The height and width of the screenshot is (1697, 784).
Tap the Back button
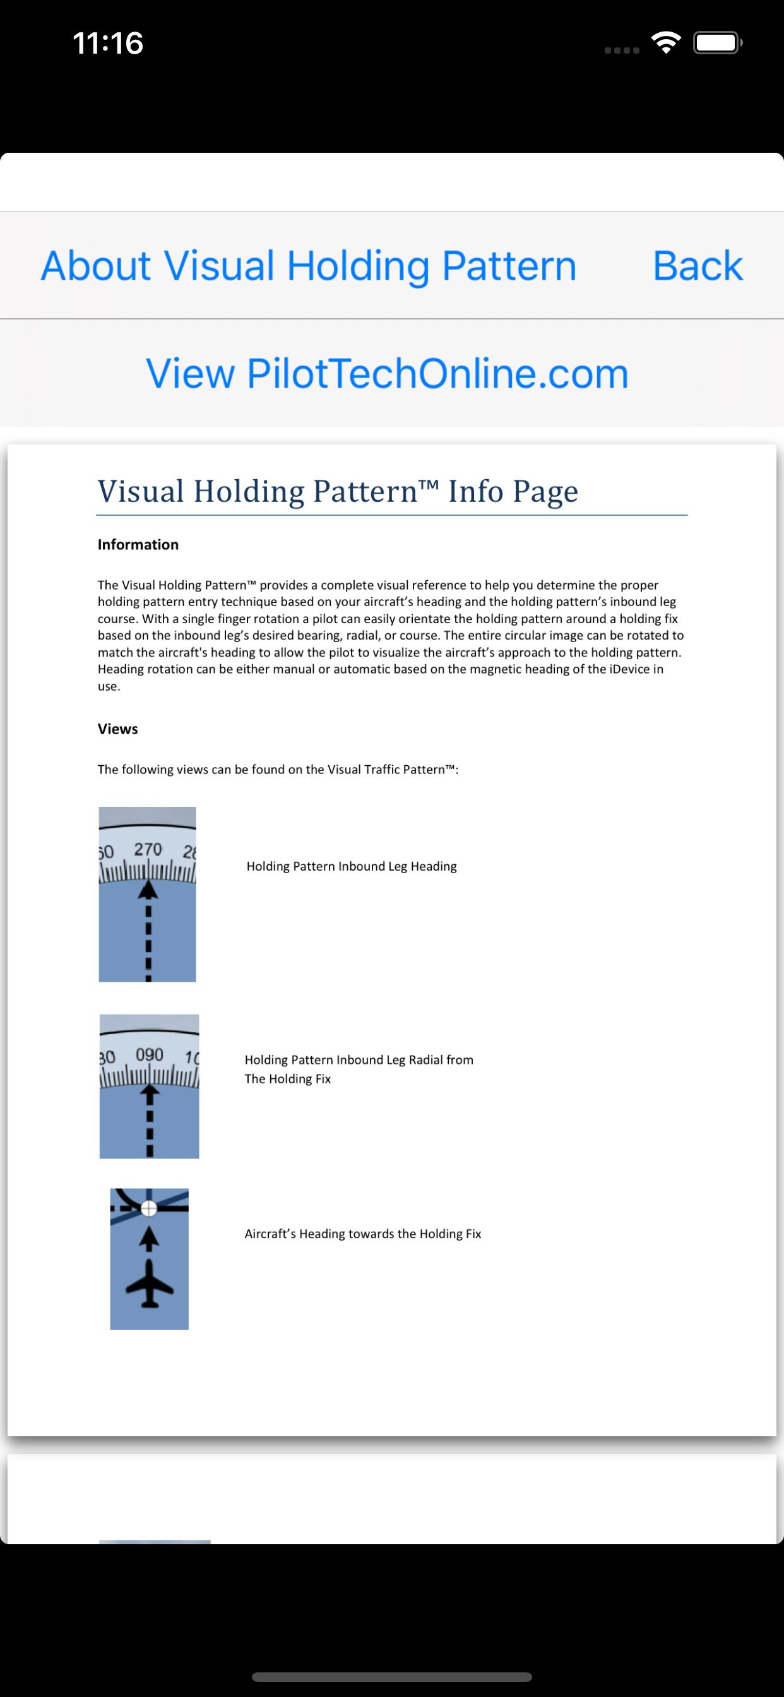697,266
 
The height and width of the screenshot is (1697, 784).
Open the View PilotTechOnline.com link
387,374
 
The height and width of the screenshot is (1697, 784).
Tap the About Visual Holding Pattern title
308,266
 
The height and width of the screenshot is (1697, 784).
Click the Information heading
138,544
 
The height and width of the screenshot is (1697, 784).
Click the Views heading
117,729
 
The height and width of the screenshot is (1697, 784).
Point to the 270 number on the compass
148,849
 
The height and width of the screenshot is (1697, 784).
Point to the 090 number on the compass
150,1055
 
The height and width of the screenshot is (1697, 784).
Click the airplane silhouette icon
150,1283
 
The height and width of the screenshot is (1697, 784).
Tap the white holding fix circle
149,1208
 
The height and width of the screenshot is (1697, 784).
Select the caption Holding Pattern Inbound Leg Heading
351,866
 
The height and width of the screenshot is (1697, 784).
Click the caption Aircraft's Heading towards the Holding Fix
362,1233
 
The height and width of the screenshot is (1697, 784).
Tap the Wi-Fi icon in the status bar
665,43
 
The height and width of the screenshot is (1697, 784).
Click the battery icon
717,43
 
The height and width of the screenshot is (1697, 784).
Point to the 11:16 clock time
108,44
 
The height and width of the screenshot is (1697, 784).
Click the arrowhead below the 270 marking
148,891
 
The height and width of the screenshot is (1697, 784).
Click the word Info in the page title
476,491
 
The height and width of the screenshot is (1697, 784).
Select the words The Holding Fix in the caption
287,1078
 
